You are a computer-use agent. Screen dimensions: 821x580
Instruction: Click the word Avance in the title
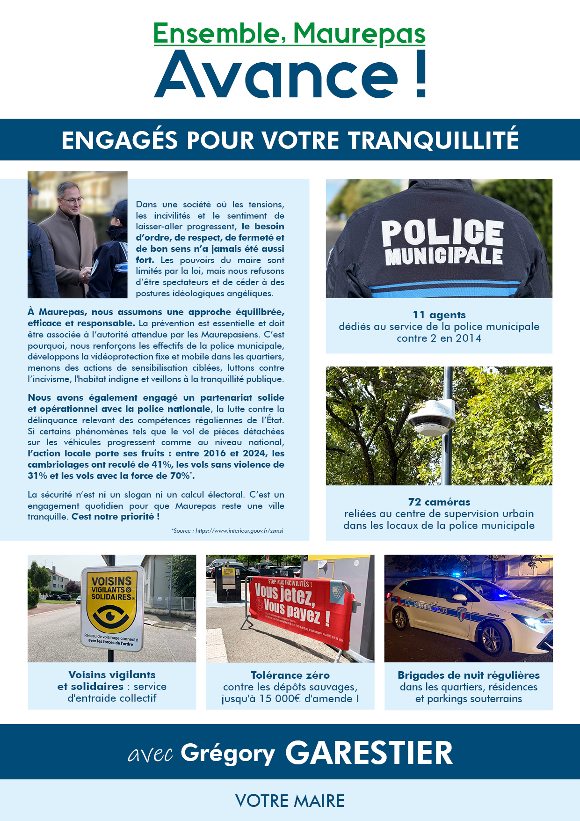click(x=276, y=75)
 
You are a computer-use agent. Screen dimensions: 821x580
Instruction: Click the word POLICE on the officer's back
click(x=442, y=233)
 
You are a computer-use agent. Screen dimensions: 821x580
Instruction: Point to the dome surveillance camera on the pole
click(x=431, y=418)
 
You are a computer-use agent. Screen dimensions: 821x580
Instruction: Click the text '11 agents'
click(x=439, y=315)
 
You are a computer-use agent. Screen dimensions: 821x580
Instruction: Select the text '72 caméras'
click(x=439, y=502)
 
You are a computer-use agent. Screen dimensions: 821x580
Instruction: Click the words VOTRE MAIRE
click(x=290, y=801)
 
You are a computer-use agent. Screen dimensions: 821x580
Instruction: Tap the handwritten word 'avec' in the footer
click(x=150, y=754)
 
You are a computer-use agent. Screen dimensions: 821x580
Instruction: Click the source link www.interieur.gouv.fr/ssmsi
click(x=239, y=531)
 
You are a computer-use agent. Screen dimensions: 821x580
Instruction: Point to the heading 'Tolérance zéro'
click(x=290, y=675)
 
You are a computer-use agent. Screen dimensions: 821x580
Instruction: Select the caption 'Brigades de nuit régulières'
click(x=468, y=675)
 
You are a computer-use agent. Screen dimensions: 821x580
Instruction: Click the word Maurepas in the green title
click(x=359, y=34)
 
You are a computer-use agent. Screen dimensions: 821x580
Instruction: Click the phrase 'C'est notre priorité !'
click(x=116, y=517)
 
